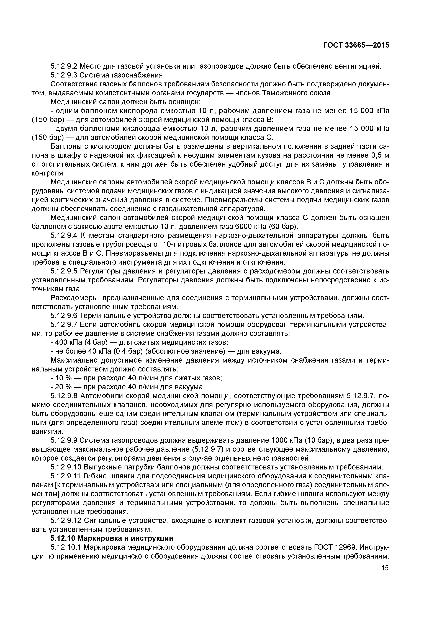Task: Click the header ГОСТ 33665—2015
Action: [356, 45]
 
